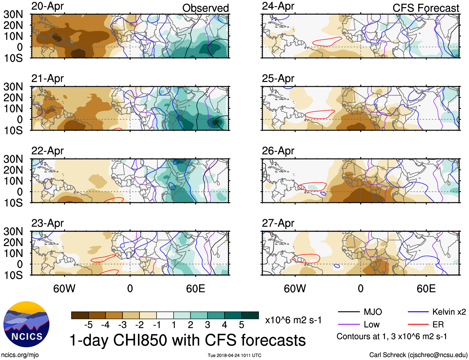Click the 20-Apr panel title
(48, 6)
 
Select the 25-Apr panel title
(278, 79)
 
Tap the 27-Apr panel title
(278, 223)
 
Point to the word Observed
(205, 8)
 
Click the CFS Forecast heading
(426, 8)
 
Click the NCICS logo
(26, 324)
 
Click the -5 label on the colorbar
(89, 325)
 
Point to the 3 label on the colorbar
(207, 325)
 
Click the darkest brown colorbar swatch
(80, 315)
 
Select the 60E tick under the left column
(195, 288)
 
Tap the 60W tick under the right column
(295, 288)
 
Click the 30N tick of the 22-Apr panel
(13, 159)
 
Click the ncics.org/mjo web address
(20, 355)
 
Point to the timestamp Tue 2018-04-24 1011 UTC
(234, 355)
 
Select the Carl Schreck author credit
(418, 355)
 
